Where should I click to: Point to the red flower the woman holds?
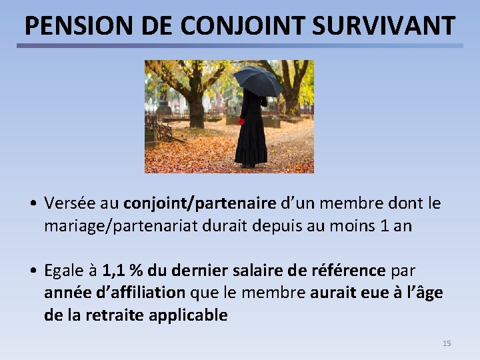(x=241, y=122)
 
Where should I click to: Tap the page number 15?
(x=447, y=343)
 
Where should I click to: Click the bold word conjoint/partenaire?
(x=199, y=203)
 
